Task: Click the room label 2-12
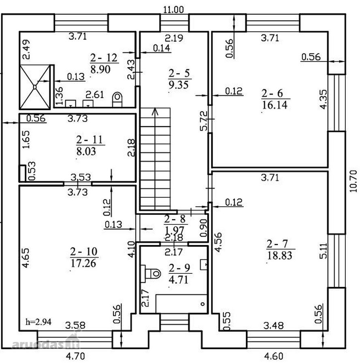coord(104,58)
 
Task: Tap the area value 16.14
coord(275,105)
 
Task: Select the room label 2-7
coord(277,244)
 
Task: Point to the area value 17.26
coord(83,263)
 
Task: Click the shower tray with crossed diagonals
coord(35,87)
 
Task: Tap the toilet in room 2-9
coord(151,273)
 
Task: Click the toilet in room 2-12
coord(117,99)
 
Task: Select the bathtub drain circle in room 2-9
coord(202,304)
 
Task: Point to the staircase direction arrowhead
coord(155,112)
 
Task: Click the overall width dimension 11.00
coord(173,10)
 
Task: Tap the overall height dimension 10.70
coord(353,181)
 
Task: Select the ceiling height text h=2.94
coord(38,322)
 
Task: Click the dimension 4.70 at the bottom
coord(76,356)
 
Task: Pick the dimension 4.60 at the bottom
coord(274,356)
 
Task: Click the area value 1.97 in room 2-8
coord(174,230)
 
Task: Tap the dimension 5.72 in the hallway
coord(204,121)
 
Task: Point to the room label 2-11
coord(89,140)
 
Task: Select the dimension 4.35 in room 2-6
coord(323,99)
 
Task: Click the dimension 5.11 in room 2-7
coord(323,251)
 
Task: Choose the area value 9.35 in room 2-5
coord(179,85)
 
